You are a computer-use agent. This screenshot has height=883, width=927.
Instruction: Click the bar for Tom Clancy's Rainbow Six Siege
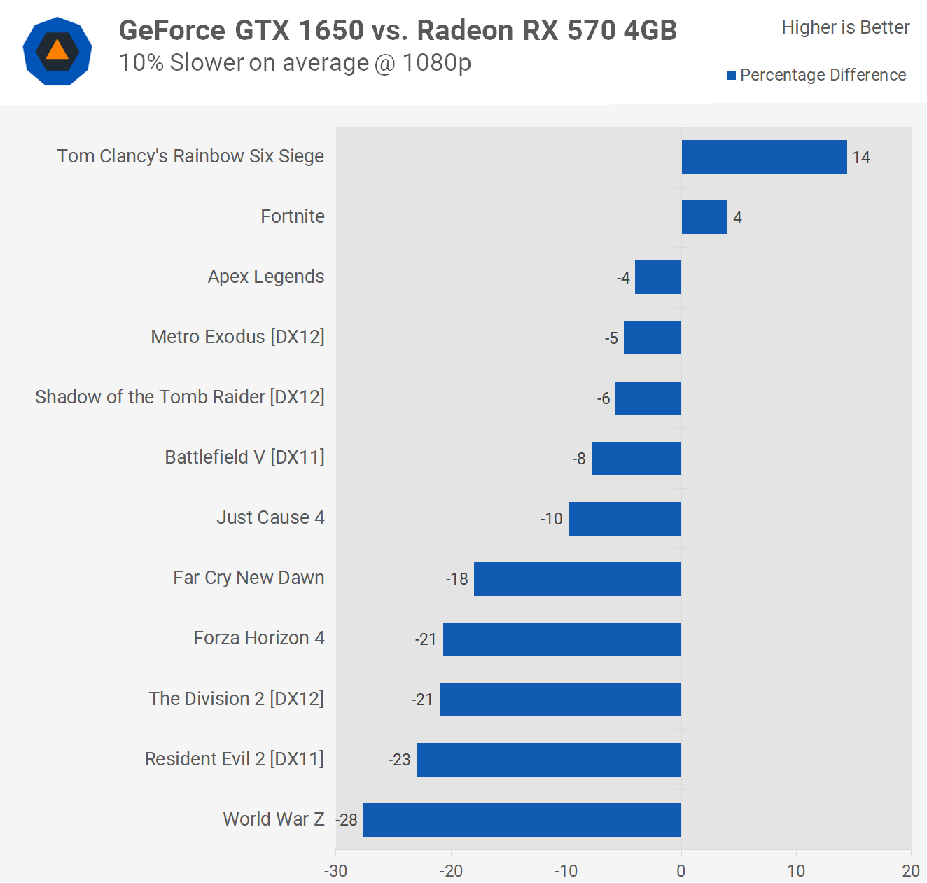[x=764, y=157]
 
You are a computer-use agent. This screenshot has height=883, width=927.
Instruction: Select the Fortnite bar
[x=704, y=217]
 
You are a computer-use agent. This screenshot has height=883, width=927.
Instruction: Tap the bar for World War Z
[x=522, y=820]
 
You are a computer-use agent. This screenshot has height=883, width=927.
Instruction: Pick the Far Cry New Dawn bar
[x=578, y=579]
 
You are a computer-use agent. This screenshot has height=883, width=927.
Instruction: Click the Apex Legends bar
[x=658, y=277]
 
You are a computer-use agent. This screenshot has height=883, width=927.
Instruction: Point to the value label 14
[x=861, y=158]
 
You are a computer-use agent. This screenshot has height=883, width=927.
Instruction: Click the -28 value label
[x=347, y=820]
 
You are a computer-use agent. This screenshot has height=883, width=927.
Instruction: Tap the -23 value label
[x=400, y=760]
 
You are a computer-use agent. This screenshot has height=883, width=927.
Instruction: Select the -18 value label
[x=457, y=579]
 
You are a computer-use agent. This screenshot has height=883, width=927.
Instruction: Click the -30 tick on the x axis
[x=336, y=871]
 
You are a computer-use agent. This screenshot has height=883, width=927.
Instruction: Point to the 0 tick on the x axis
[x=681, y=871]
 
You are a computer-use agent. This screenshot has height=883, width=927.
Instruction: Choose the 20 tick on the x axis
[x=911, y=871]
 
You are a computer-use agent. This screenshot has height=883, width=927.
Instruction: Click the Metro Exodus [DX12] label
[x=238, y=337]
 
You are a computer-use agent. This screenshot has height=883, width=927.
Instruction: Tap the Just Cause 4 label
[x=270, y=517]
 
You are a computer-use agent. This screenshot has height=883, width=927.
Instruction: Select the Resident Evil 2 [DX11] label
[x=235, y=759]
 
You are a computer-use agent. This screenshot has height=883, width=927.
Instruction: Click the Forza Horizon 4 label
[x=259, y=638]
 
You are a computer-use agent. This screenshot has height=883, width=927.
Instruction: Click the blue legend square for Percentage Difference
[x=732, y=76]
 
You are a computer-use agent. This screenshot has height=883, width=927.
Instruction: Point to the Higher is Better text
[x=846, y=27]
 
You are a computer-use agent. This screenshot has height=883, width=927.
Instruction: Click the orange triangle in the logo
[x=57, y=50]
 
